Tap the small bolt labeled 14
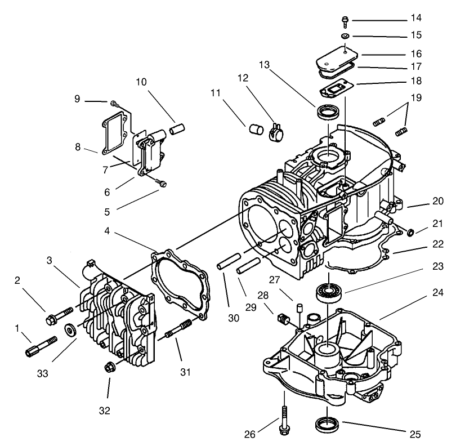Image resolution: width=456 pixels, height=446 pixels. [343, 21]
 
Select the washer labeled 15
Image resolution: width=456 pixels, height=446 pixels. [344, 36]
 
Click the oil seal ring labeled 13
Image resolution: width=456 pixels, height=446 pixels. [326, 112]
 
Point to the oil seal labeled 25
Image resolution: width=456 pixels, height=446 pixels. [327, 423]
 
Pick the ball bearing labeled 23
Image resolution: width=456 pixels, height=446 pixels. [328, 291]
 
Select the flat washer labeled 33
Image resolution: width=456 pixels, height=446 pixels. [70, 329]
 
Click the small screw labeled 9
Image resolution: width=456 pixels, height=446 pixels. [115, 104]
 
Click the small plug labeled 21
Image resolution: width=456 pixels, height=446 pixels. [410, 231]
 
